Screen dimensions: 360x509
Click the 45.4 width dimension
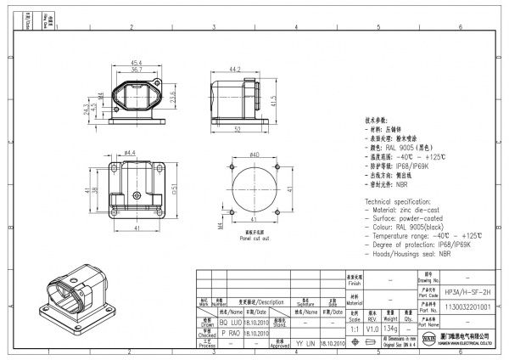(135, 63)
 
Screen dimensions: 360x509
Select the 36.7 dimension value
(135, 70)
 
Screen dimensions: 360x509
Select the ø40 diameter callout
(253, 155)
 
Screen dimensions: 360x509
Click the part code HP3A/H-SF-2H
(473, 290)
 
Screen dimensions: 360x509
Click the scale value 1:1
(354, 329)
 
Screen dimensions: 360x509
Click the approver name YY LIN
(304, 344)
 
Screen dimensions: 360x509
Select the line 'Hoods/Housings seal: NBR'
(411, 254)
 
